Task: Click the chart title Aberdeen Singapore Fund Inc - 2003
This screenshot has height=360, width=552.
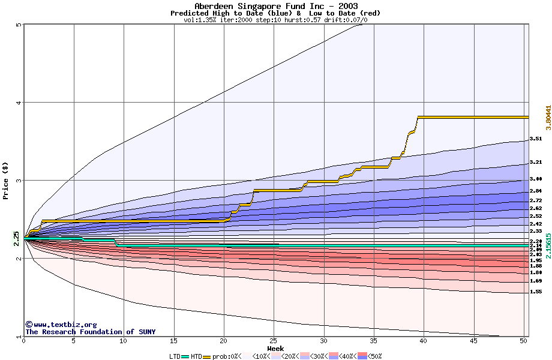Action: coord(276,6)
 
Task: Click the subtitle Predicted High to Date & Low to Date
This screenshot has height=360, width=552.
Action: coord(275,13)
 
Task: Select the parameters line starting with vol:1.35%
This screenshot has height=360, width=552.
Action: coord(275,20)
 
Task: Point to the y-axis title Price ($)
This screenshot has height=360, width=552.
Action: coord(6,181)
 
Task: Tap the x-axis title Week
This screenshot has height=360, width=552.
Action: coord(275,348)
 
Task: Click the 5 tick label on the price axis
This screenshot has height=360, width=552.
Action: coord(19,25)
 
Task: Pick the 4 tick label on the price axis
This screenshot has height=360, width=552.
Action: coord(19,103)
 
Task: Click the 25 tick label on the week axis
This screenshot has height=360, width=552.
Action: coord(274,341)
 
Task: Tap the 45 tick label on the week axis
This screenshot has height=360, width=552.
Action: coord(473,341)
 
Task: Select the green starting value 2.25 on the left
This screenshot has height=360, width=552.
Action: coord(16,238)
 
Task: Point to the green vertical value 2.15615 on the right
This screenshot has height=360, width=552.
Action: coord(548,245)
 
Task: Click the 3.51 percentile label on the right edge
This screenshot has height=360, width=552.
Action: coord(536,139)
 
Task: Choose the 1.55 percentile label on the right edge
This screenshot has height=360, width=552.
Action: coord(536,292)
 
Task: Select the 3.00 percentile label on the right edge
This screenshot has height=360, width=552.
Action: coord(536,179)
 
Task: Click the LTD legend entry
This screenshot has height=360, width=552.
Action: coord(175,356)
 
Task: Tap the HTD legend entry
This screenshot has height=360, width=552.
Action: coord(197,356)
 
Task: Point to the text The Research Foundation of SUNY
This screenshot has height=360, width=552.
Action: coord(90,332)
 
